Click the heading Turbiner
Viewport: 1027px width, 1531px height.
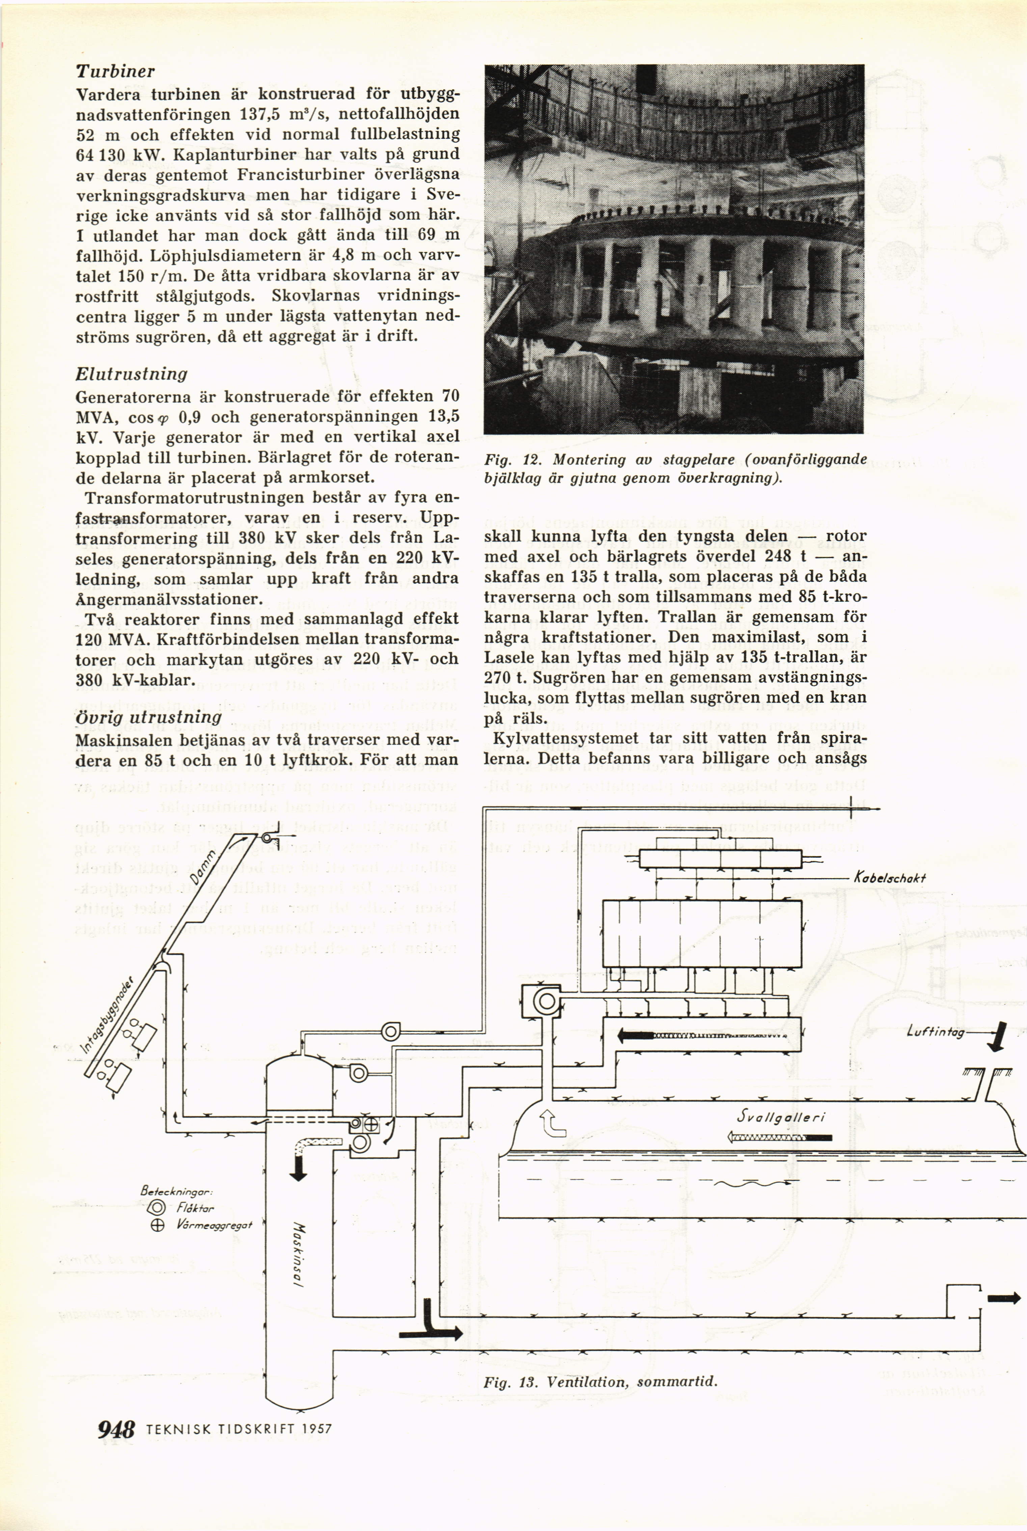point(115,71)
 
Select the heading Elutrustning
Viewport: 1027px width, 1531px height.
point(132,374)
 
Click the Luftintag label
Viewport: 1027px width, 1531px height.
point(935,1033)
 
